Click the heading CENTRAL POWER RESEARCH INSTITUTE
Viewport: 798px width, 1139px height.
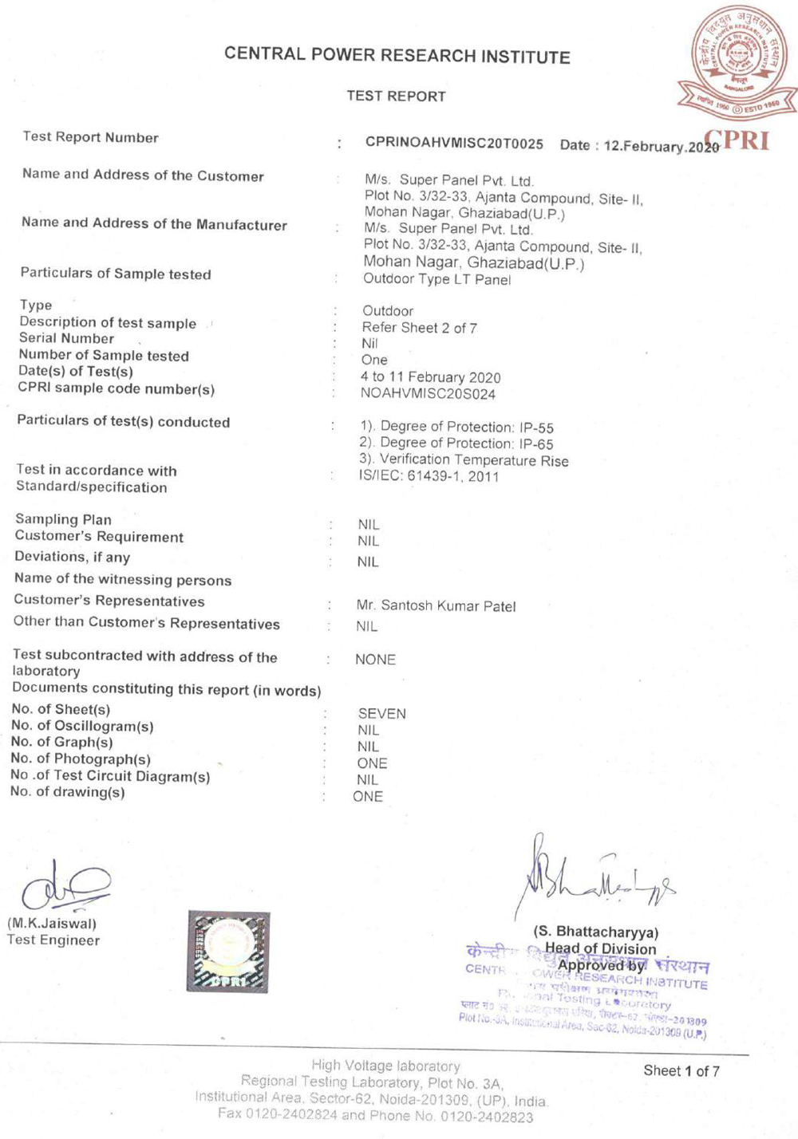click(x=397, y=55)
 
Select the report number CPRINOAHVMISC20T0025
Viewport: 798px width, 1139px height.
click(x=454, y=144)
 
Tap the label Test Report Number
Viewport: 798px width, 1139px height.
click(x=90, y=137)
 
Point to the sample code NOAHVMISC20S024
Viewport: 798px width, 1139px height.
click(x=428, y=394)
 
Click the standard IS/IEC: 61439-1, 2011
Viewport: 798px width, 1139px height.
click(x=429, y=477)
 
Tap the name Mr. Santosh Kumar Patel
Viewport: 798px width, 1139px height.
click(x=436, y=606)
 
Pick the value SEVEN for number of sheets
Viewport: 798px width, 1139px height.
click(x=381, y=714)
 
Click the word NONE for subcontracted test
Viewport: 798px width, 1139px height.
click(x=375, y=660)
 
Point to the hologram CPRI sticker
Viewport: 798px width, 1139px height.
click(x=228, y=952)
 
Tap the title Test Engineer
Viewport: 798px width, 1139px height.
click(x=53, y=940)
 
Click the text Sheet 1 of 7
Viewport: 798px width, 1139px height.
click(x=681, y=1071)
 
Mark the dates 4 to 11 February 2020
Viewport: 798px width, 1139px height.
click(x=430, y=377)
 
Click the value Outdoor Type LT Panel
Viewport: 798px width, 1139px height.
click(x=437, y=279)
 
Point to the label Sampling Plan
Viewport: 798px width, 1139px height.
click(x=63, y=519)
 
